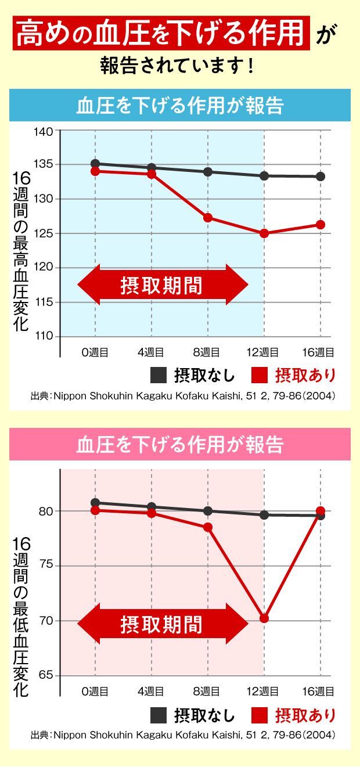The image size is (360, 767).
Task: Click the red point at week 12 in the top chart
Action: [x=264, y=233]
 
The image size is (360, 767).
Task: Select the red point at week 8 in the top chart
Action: [x=208, y=218]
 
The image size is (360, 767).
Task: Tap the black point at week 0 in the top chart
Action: [x=95, y=164]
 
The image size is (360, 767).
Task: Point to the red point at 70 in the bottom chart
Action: [x=264, y=618]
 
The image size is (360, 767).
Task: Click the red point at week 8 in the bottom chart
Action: [x=208, y=527]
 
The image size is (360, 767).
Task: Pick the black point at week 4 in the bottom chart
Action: [x=152, y=507]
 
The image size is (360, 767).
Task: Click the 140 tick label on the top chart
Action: [x=45, y=131]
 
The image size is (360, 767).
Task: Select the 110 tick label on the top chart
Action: [x=45, y=337]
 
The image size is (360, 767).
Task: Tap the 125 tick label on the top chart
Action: [x=45, y=233]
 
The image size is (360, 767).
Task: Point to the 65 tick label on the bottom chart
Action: [x=47, y=676]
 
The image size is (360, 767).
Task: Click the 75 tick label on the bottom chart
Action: [x=47, y=566]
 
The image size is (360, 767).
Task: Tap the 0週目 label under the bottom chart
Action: [x=95, y=692]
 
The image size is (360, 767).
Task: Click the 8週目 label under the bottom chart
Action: [x=208, y=692]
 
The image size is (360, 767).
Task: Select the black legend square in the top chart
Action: [x=159, y=375]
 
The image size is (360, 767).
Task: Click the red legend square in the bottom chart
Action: [x=260, y=715]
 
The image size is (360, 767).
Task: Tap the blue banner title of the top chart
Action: [x=180, y=106]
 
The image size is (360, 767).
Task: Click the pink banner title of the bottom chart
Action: [x=180, y=445]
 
